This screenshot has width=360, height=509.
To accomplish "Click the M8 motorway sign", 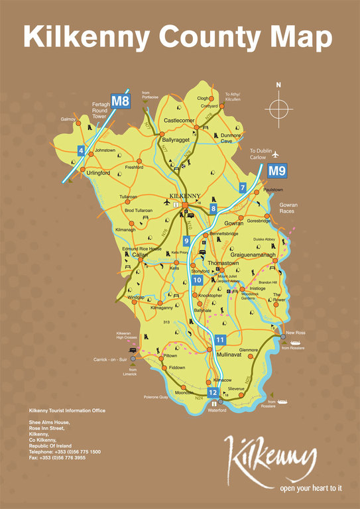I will pos(120,101).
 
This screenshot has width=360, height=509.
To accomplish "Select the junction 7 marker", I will pos(243,188).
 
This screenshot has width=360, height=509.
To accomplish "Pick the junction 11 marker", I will pos(220,341).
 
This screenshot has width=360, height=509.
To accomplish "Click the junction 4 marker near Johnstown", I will pos(81,151).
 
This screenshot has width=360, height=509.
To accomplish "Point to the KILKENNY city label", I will pos(185,196).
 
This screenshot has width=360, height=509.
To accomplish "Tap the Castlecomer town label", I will pos(179,121).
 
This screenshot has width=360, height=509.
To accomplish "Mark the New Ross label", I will pos(295,332).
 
